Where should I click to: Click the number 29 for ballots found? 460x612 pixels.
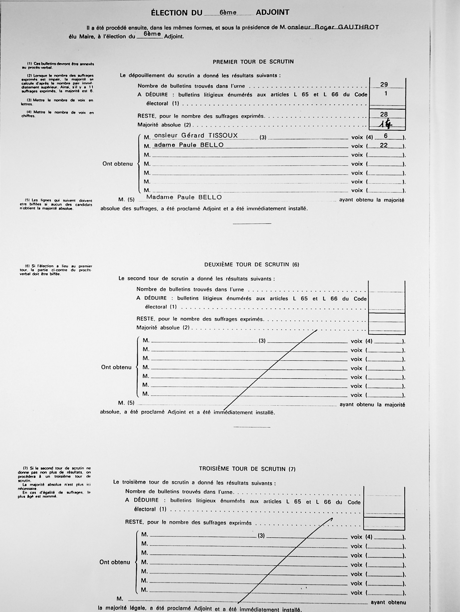pyautogui.click(x=384, y=84)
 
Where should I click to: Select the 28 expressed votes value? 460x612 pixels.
pyautogui.click(x=384, y=114)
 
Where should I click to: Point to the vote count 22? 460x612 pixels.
pyautogui.click(x=384, y=145)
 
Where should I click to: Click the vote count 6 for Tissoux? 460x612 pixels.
pyautogui.click(x=385, y=136)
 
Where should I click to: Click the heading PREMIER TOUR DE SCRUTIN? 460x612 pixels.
pyautogui.click(x=253, y=62)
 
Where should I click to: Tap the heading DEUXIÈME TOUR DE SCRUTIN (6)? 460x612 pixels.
pyautogui.click(x=251, y=264)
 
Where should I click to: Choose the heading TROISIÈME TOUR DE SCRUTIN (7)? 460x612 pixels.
pyautogui.click(x=247, y=469)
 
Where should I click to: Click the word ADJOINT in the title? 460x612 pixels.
pyautogui.click(x=273, y=12)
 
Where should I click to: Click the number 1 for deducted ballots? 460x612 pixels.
pyautogui.click(x=385, y=94)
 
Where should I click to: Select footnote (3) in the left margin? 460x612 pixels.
pyautogui.click(x=57, y=102)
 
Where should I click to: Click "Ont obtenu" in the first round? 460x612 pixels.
pyautogui.click(x=118, y=164)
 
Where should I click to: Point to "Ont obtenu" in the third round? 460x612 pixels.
pyautogui.click(x=115, y=562)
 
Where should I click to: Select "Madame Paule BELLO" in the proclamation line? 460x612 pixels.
pyautogui.click(x=184, y=197)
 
